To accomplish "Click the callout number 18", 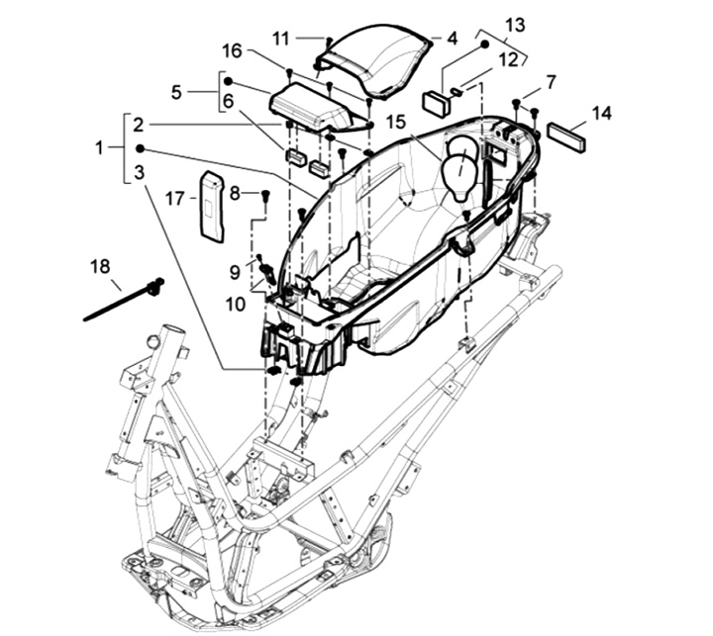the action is pos(100,267).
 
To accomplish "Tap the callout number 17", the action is pos(175,199).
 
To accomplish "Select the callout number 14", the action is pos(602,113).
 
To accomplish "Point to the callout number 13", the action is pos(515,25).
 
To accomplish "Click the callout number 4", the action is pos(452,39).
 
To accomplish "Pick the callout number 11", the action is pos(281,39).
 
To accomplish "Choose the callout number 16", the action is pos(232,50).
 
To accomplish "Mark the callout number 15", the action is pos(395,122).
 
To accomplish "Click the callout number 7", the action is pos(551,83).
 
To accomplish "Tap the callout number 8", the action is pos(234,194).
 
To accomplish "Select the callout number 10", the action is pos(236,305).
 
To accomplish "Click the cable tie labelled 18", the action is pos(124,299).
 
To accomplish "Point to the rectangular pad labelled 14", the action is pos(566,136).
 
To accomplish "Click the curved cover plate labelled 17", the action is pos(212,206).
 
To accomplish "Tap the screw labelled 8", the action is pos(266,196).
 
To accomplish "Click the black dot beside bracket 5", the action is pos(229,81).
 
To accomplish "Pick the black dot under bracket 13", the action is pos(485,45).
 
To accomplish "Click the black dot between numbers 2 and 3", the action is pos(140,148).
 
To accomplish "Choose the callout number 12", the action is pos(508,59).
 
